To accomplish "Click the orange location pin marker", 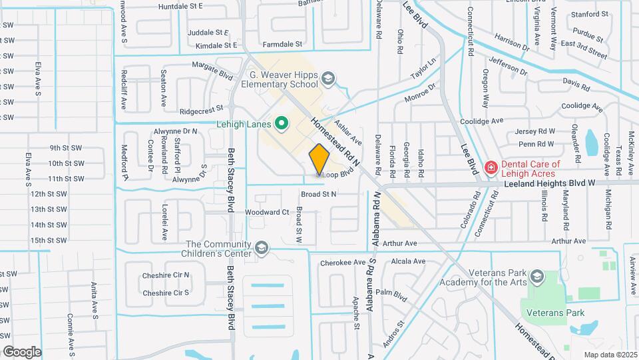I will (319, 160).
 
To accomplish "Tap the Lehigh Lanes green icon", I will (282, 123).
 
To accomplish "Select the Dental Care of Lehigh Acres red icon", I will (491, 167).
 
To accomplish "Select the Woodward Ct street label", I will (267, 212).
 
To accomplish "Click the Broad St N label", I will (319, 194).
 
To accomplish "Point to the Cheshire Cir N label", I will (166, 275).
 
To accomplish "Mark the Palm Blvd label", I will (391, 293).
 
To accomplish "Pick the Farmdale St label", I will (282, 45).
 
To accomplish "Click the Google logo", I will (22, 351).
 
